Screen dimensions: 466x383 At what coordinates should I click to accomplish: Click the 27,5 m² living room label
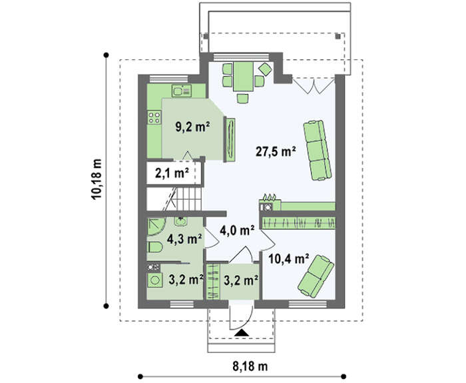click(276, 152)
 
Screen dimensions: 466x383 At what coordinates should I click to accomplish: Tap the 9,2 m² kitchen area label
click(192, 127)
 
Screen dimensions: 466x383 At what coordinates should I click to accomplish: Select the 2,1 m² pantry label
click(172, 173)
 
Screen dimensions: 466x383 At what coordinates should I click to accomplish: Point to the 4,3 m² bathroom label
click(184, 238)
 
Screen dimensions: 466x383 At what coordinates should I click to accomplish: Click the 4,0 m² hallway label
click(237, 230)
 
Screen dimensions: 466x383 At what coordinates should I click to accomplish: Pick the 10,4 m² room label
click(288, 258)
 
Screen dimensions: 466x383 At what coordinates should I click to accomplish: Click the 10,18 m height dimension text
click(97, 180)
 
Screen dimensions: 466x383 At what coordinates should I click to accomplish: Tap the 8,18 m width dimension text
click(250, 366)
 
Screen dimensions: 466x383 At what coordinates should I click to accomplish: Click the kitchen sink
click(181, 91)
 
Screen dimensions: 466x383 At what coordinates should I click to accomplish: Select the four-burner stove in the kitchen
click(154, 117)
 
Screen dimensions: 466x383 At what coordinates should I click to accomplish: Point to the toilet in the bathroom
click(155, 247)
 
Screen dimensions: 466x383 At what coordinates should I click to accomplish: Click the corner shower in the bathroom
click(156, 226)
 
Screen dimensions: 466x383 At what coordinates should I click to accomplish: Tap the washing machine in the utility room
click(155, 280)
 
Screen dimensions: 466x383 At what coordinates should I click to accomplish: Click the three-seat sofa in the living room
click(317, 150)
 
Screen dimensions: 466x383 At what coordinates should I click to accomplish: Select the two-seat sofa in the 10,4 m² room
click(316, 276)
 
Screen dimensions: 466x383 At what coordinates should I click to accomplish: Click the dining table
click(244, 77)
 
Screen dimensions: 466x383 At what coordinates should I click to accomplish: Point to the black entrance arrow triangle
click(241, 333)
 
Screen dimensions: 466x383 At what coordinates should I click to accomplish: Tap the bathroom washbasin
click(180, 222)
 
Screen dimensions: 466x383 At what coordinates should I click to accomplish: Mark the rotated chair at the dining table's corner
click(265, 69)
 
